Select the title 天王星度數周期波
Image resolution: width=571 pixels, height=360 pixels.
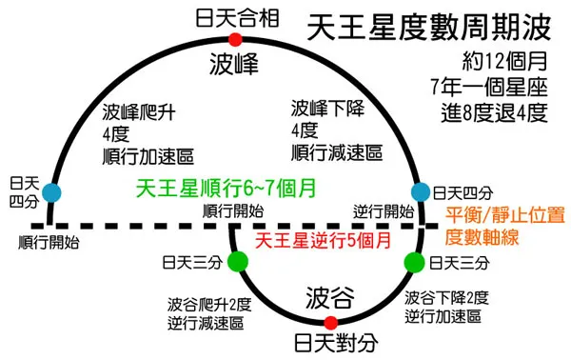425,28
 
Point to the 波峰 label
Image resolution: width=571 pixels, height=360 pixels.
235,65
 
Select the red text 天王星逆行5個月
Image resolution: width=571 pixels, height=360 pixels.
321,238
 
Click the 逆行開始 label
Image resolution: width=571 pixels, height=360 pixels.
384,211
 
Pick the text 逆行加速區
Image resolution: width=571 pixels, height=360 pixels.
443,315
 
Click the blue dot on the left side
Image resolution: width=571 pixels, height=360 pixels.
51,190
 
